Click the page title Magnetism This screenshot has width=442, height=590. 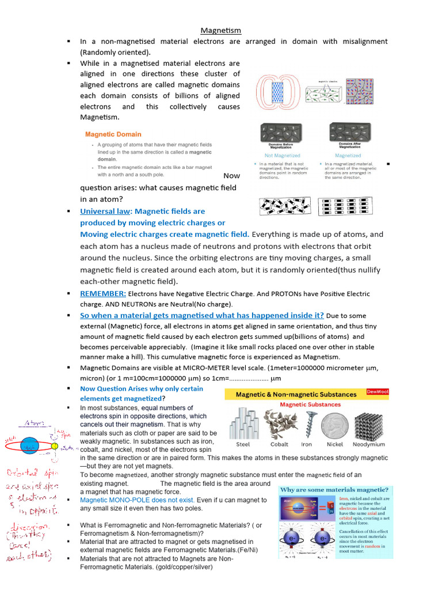click(x=220, y=30)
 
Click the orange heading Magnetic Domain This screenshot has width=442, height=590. click(x=113, y=134)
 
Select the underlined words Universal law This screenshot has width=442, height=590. click(x=106, y=211)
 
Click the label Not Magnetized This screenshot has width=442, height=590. click(x=282, y=156)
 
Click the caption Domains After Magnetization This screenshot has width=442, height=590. click(x=348, y=145)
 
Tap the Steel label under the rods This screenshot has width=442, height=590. click(x=243, y=444)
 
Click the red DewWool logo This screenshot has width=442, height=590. click(x=378, y=392)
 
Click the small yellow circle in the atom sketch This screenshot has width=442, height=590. click(x=55, y=446)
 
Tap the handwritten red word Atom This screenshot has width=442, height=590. click(x=33, y=423)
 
